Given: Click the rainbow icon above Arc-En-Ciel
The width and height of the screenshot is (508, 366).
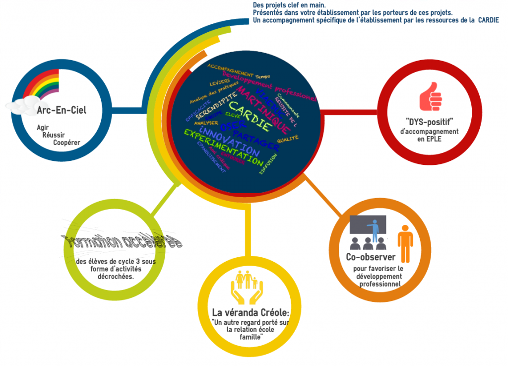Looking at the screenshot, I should pyautogui.click(x=42, y=84).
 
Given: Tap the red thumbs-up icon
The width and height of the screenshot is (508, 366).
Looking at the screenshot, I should pyautogui.click(x=430, y=96).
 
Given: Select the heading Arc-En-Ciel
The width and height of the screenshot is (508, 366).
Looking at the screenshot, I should pyautogui.click(x=62, y=110).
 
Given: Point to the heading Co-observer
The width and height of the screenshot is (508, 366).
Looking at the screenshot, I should pyautogui.click(x=371, y=257).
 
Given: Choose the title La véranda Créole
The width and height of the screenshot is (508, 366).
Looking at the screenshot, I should pyautogui.click(x=250, y=312).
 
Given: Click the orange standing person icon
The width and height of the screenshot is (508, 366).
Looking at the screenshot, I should pyautogui.click(x=405, y=243).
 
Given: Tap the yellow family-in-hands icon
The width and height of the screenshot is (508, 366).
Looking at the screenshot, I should pyautogui.click(x=247, y=287).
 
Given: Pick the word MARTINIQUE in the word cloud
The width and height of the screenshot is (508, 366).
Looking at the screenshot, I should pyautogui.click(x=263, y=110).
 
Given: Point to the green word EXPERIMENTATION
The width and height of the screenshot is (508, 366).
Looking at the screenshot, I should pyautogui.click(x=223, y=147).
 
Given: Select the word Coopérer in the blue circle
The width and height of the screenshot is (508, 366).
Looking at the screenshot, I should pyautogui.click(x=66, y=143).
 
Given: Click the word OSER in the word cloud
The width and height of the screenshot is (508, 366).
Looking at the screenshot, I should pyautogui.click(x=230, y=127).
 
